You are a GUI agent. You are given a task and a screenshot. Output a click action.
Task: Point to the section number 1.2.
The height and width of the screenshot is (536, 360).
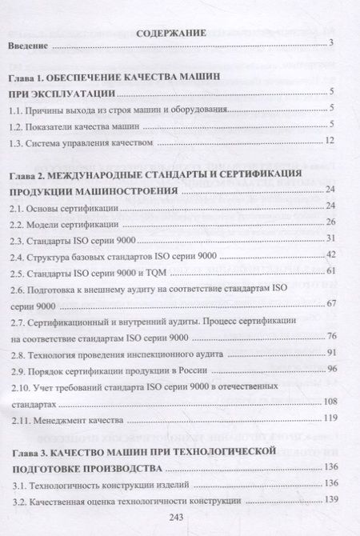pyautogui.click(x=18, y=126)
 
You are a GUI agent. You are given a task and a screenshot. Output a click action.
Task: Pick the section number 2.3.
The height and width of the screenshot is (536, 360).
pyautogui.click(x=18, y=238)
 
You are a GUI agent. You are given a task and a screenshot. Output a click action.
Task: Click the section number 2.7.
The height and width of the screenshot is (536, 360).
pyautogui.click(x=18, y=320)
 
